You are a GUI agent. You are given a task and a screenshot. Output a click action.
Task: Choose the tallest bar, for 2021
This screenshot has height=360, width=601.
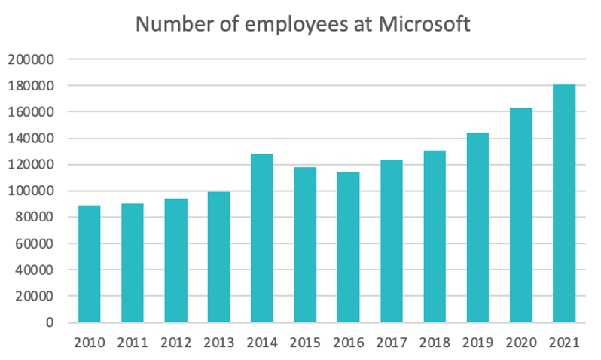pos(564,203)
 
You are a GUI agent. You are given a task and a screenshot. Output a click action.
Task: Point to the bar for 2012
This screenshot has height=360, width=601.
pos(175,261)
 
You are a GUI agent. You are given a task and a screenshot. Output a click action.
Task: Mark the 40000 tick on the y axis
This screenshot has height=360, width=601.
pos(36,270)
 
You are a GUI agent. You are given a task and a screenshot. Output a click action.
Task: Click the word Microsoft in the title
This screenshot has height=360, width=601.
pos(423,24)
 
